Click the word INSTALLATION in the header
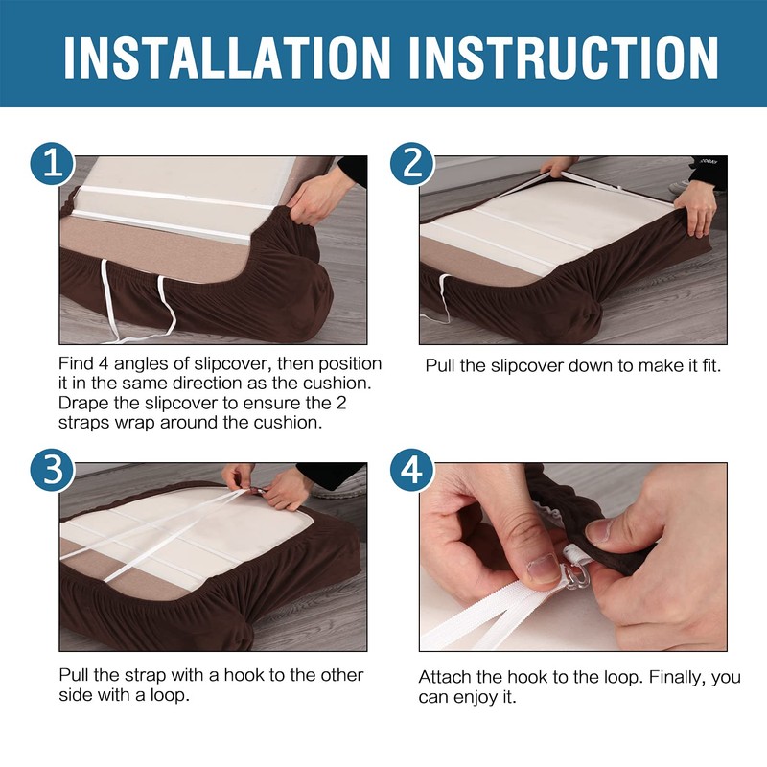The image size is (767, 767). tap(227, 58)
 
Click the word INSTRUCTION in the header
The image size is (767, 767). tap(564, 58)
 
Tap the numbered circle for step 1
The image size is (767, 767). tap(53, 163)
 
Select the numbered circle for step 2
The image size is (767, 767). tap(412, 163)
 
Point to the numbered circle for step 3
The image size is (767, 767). tap(53, 470)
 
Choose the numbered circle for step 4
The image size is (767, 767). tap(412, 470)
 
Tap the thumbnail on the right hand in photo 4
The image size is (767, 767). tap(599, 530)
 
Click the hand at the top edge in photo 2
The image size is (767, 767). tap(558, 166)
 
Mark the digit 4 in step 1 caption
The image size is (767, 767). tap(103, 363)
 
